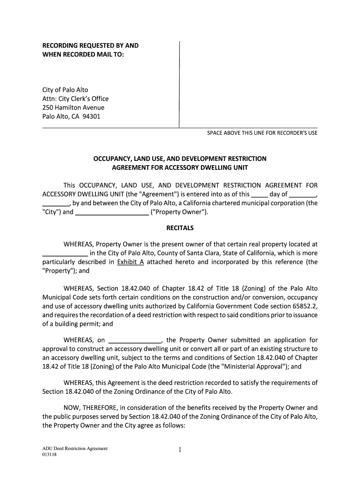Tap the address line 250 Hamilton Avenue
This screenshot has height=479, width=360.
point(73,108)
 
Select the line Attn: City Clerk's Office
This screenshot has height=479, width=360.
point(75,99)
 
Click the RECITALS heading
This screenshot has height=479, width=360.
point(180,228)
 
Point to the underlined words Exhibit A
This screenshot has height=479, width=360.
point(130,262)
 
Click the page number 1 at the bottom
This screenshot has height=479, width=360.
point(180,450)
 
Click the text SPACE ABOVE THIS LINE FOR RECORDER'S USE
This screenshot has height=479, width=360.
point(262,133)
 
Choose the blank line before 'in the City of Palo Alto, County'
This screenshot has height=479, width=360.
point(65,254)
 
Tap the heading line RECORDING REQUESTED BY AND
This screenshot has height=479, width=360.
point(91,46)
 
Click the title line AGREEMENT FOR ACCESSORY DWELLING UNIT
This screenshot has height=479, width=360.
point(180,167)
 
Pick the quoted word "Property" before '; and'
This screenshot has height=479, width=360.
point(58,270)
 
